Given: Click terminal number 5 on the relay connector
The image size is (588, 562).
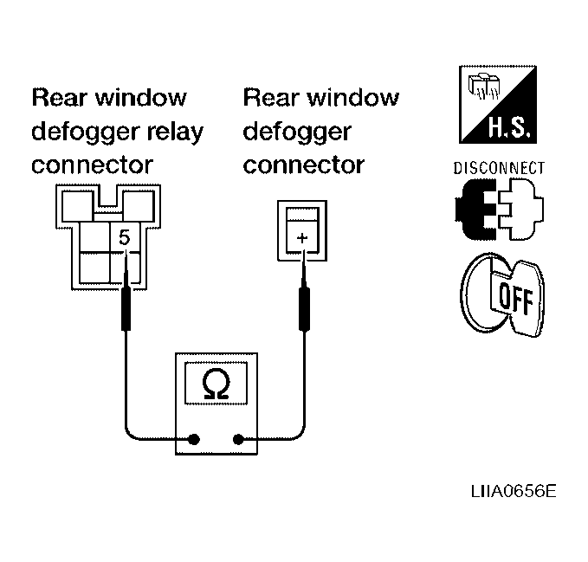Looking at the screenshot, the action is click(x=124, y=237).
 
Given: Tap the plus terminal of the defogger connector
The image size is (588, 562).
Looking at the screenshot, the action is click(x=302, y=237).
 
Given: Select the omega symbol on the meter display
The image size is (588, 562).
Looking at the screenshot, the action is click(x=216, y=383).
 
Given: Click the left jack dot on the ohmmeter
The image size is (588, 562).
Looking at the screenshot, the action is click(x=194, y=439).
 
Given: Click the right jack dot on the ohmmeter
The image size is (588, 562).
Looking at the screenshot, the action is click(x=238, y=439).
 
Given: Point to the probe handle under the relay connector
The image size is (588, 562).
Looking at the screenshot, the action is click(x=126, y=308).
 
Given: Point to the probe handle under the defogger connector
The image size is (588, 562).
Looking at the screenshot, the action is click(x=304, y=308).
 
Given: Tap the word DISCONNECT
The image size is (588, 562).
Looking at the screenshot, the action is click(x=499, y=168).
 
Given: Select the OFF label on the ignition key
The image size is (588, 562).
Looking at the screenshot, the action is click(x=516, y=298).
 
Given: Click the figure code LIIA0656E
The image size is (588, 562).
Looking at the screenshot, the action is click(x=514, y=491).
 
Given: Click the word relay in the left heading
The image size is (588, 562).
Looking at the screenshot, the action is click(x=175, y=132).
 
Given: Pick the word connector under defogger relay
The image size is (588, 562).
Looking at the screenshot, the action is click(x=93, y=165).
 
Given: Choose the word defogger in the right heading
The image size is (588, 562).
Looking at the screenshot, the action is click(x=297, y=132).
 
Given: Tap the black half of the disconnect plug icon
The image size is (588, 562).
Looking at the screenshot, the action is click(x=475, y=210).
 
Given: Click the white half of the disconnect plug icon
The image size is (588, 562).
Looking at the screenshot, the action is click(x=522, y=210).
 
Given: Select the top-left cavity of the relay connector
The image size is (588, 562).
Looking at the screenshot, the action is click(x=77, y=206).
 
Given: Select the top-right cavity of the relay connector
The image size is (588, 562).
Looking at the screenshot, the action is click(x=139, y=206).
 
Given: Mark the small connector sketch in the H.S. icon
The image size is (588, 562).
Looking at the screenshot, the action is click(x=484, y=87).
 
